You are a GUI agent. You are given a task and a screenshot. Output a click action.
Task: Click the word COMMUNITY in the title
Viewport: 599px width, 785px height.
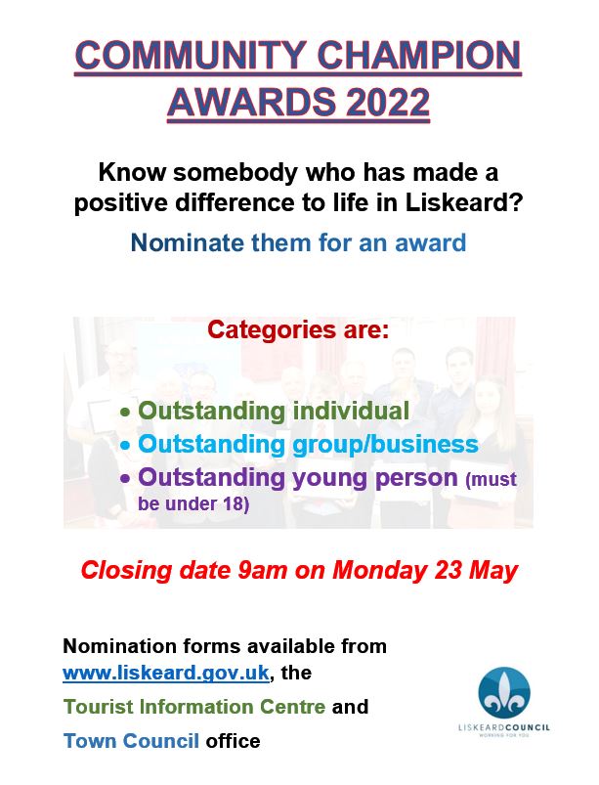coord(191,55)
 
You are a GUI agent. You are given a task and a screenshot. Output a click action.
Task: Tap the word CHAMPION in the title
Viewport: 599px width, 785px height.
coord(419,55)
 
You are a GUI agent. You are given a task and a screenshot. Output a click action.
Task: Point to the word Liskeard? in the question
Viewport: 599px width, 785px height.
coord(464,202)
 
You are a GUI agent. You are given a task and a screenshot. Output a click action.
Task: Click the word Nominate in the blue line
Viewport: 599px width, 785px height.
coord(188,242)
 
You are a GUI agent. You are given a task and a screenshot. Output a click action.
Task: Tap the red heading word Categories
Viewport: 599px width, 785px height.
coord(272,329)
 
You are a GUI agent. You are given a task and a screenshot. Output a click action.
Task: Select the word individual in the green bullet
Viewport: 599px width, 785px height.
coord(351,411)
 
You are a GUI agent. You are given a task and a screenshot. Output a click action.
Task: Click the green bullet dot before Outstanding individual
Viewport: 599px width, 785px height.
coord(125,413)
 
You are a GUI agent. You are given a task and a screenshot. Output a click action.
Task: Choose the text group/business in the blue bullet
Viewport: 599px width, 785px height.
coord(385,445)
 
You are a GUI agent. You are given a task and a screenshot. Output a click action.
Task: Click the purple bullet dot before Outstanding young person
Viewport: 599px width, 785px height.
coord(125,479)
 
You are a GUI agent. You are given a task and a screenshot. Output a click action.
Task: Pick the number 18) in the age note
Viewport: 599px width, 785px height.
coord(236,503)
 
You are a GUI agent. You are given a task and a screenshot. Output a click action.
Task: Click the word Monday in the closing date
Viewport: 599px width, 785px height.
coord(379,571)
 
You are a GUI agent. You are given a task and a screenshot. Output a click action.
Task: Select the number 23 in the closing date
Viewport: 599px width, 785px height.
coord(448,570)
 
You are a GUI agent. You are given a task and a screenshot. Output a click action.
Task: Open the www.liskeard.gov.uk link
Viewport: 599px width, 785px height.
coord(166,673)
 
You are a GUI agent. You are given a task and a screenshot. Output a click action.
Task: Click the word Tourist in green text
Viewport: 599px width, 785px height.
coord(98,707)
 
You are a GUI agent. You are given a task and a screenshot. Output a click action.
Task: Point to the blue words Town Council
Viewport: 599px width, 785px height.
coord(131,741)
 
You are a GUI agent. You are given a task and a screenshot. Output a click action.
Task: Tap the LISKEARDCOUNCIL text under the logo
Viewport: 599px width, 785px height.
coord(504,727)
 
